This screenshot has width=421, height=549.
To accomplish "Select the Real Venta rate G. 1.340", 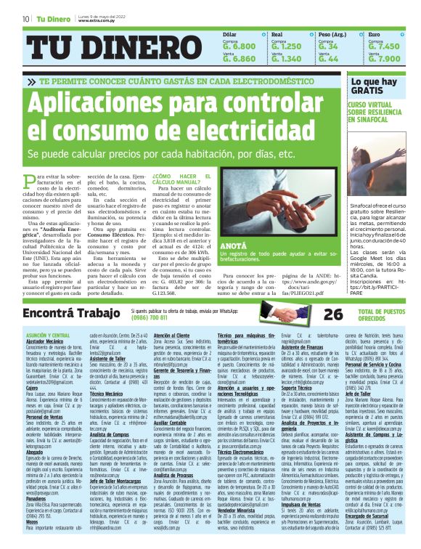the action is [x=286, y=59].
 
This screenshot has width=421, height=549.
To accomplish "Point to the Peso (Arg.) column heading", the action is [x=332, y=34].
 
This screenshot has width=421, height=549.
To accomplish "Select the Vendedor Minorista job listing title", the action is [x=238, y=510].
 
